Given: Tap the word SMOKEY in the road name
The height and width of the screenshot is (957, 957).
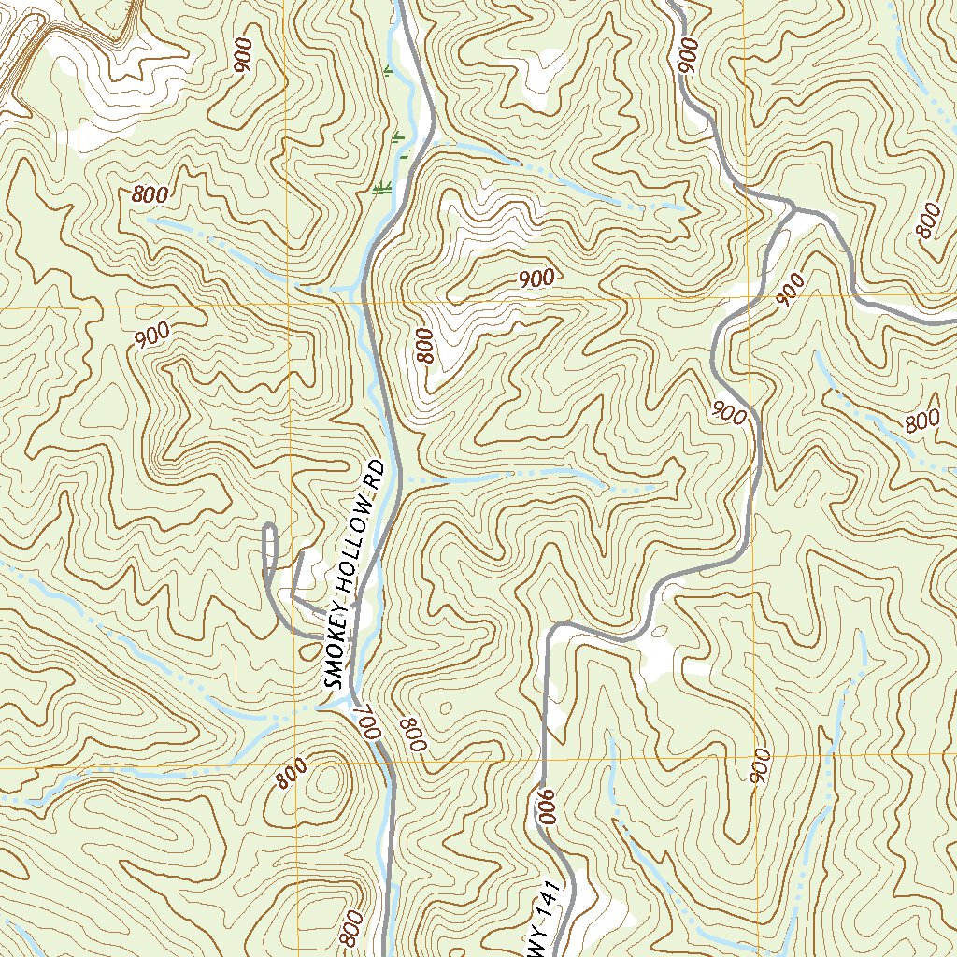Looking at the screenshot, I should [x=337, y=650].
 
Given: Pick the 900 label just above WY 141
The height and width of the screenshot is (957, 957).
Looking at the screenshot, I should [x=545, y=806].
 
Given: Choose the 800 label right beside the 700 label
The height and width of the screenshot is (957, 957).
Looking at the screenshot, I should [x=412, y=735].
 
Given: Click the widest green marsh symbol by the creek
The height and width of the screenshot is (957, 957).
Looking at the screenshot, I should [x=380, y=190].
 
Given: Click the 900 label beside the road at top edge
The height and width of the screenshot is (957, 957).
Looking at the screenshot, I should [x=688, y=56].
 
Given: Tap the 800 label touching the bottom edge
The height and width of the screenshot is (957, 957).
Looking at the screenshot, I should [x=351, y=929].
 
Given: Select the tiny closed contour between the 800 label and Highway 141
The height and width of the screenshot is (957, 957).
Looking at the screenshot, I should [x=443, y=710].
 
